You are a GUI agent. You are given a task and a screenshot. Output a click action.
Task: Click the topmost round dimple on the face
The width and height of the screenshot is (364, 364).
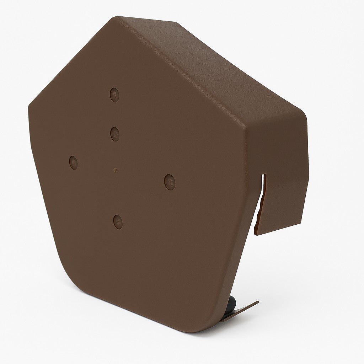tap(114, 95)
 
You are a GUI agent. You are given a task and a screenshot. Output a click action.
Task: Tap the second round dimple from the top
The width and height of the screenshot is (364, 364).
tap(115, 134)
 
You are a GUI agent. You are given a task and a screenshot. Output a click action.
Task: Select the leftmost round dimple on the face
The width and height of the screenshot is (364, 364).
tap(74, 162)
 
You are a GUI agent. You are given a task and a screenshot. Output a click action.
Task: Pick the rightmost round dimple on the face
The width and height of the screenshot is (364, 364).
tap(170, 182)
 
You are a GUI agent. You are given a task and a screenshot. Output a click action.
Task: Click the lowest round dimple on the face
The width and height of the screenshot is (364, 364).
tap(118, 222)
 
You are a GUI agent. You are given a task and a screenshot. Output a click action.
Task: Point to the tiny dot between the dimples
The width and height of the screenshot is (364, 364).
tap(115, 170)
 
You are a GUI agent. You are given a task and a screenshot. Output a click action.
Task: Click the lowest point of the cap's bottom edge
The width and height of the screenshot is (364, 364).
tap(199, 332)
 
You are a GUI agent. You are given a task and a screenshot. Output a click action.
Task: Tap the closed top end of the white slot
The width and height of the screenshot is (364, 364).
tap(264, 175)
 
